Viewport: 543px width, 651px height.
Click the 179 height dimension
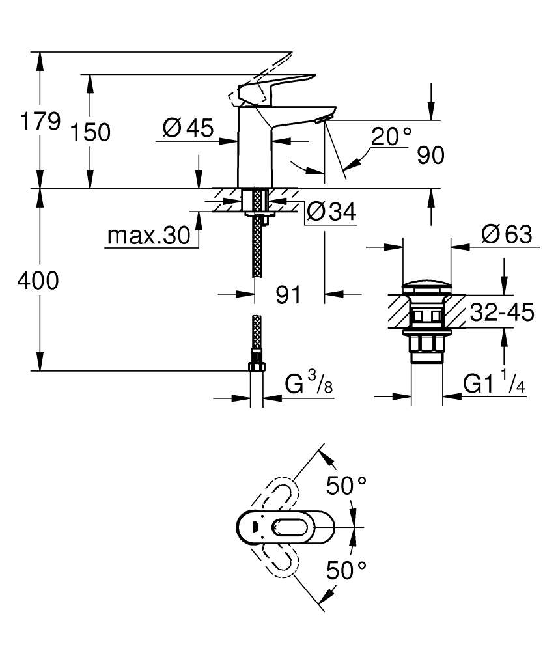[40, 121]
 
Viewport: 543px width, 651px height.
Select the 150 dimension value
[90, 132]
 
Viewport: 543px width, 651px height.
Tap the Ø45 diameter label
[188, 128]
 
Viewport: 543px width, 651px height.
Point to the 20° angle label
[391, 136]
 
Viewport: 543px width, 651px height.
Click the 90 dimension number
[430, 156]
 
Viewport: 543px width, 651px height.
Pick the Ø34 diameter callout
[331, 212]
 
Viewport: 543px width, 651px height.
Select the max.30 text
[148, 236]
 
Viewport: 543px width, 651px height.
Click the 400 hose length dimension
[38, 281]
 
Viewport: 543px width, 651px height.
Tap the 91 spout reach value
[288, 295]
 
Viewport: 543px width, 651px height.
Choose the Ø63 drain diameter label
[507, 234]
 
